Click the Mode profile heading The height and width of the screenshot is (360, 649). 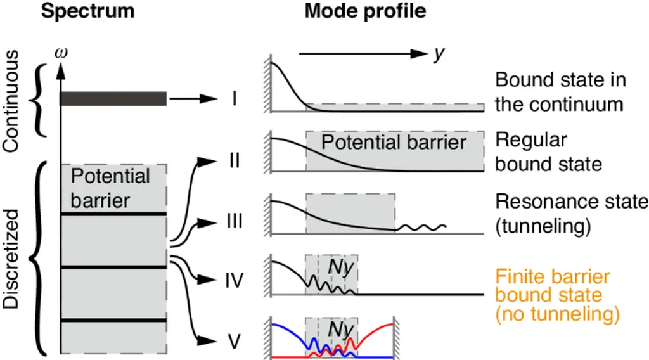366,11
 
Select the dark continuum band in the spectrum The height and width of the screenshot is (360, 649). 113,98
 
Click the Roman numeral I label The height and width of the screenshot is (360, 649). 234,99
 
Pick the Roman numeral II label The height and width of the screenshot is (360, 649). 234,159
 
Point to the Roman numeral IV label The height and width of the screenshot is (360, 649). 234,280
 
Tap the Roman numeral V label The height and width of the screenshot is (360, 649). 234,342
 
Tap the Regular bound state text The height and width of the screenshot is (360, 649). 548,152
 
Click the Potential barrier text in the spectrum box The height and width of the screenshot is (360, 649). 110,188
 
